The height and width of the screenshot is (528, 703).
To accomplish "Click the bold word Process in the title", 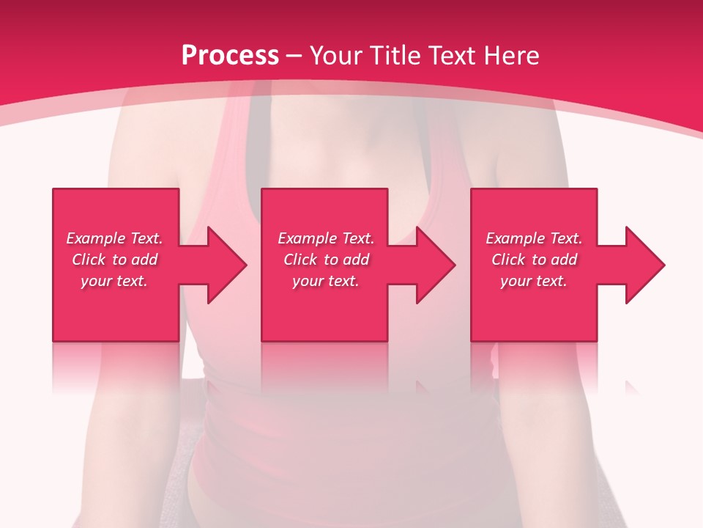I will click(230, 56).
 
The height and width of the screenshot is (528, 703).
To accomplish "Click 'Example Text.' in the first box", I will click(114, 238).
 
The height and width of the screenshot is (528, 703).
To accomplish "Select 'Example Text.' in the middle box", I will click(325, 238).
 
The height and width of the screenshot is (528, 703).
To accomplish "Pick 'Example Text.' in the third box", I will click(534, 238).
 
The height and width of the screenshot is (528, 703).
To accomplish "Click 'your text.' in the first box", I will click(114, 281).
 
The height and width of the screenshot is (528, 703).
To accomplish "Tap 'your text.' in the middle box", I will click(325, 281).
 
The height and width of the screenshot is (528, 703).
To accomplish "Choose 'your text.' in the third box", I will click(534, 281).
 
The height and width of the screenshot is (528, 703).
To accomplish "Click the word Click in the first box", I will click(89, 260).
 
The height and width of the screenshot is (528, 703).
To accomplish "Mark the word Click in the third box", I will click(508, 260).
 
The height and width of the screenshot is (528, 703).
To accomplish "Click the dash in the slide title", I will click(294, 56).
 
